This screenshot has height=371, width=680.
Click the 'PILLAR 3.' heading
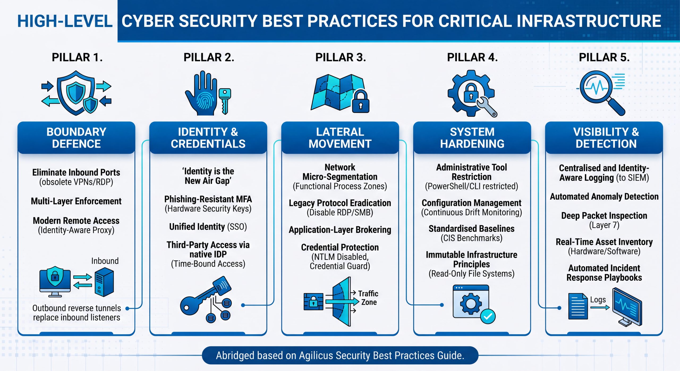click(341, 57)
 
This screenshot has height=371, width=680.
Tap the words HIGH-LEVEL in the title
click(65, 21)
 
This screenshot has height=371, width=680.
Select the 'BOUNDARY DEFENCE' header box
click(76, 138)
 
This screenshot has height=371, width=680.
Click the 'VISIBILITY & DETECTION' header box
click(604, 138)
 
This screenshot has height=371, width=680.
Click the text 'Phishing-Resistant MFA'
click(208, 199)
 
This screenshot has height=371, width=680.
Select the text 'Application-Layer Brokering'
click(340, 230)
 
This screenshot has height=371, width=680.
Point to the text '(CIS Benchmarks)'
click(471, 238)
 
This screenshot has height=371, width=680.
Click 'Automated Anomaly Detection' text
click(604, 197)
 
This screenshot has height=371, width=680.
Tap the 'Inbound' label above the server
click(105, 261)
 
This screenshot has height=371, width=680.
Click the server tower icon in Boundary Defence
click(104, 282)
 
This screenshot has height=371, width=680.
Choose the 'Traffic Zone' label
click(368, 298)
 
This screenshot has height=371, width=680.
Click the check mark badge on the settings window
click(488, 316)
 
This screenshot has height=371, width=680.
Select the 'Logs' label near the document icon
click(598, 300)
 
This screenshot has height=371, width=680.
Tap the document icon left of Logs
click(578, 306)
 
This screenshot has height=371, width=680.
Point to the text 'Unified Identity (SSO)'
click(208, 227)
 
